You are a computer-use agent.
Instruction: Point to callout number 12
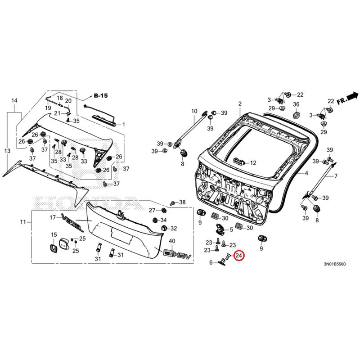click(x=252, y=163)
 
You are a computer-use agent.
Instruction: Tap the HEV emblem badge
click(x=173, y=255)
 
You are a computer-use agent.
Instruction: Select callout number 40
click(x=172, y=242)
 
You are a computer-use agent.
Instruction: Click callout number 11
click(x=23, y=222)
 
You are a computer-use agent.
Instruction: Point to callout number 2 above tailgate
click(x=240, y=103)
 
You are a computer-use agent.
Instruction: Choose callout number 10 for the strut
click(x=194, y=111)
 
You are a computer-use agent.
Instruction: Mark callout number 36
click(x=296, y=104)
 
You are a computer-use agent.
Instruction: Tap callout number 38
click(x=182, y=202)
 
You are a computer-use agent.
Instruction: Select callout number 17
click(x=52, y=217)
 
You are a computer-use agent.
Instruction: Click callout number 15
click(x=54, y=235)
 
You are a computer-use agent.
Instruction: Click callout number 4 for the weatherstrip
click(x=306, y=173)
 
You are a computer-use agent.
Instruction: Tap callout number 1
click(x=124, y=124)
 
